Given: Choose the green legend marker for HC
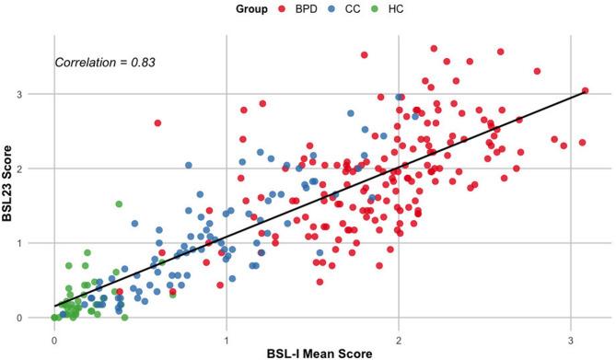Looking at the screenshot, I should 381,10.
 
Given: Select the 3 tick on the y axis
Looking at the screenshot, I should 33,94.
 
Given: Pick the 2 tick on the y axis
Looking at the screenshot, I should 33,168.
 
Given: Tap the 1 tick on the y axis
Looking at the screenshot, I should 33,243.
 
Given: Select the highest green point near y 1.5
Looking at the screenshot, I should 119,203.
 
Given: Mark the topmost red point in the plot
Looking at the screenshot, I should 434,48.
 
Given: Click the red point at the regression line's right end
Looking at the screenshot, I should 586,90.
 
